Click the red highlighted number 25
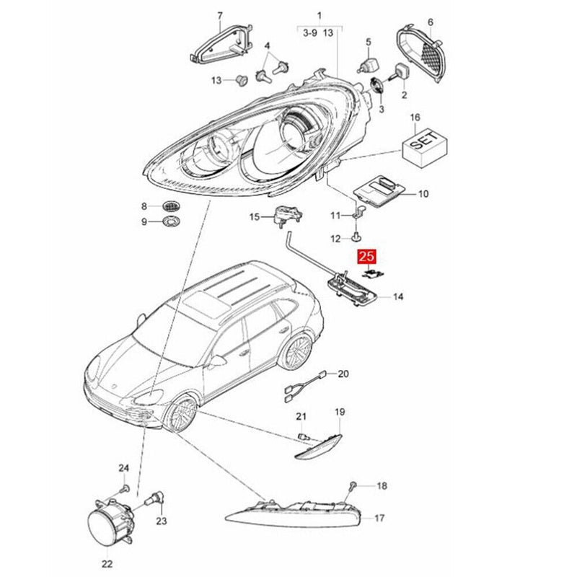[x=367, y=256]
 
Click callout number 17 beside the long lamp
[x=379, y=518]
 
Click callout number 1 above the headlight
[x=320, y=15]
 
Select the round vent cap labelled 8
[x=172, y=206]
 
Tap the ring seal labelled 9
[x=172, y=220]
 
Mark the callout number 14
[x=399, y=296]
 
